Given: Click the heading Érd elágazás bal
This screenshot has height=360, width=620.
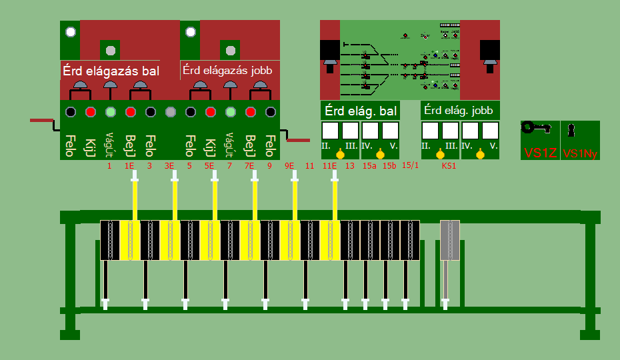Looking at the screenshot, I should [x=111, y=70].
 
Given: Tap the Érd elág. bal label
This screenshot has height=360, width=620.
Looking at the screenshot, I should [x=360, y=110].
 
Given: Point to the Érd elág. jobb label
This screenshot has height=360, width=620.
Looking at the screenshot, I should [x=459, y=110].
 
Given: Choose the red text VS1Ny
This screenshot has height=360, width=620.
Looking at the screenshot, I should [x=579, y=153].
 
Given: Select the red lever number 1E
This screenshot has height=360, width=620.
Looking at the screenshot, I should [x=129, y=165].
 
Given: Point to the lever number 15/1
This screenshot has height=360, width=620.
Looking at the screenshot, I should [x=411, y=165].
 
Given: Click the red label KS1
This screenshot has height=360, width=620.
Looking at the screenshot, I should [x=449, y=165].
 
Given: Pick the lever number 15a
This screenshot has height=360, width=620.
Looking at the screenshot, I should [x=369, y=165].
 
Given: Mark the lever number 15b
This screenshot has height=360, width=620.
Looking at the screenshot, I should [x=389, y=165].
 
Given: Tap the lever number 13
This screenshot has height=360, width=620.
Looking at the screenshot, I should [x=350, y=165].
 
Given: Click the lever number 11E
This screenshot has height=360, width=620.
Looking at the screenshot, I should [x=329, y=165].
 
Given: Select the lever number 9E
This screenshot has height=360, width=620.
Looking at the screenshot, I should [x=289, y=165].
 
